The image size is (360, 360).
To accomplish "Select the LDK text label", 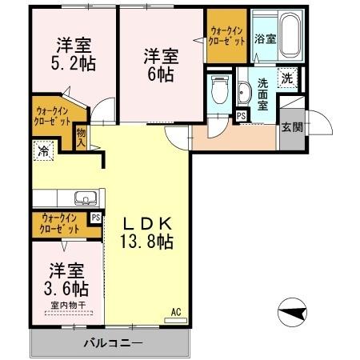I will (x=150, y=223).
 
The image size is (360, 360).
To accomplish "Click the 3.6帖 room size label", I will (x=67, y=286).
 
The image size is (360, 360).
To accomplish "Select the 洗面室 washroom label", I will (x=265, y=91).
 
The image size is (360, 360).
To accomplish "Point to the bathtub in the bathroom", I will (x=286, y=37).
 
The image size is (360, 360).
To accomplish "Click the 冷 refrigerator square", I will (x=41, y=150).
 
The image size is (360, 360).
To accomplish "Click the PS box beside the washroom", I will (x=242, y=115).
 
